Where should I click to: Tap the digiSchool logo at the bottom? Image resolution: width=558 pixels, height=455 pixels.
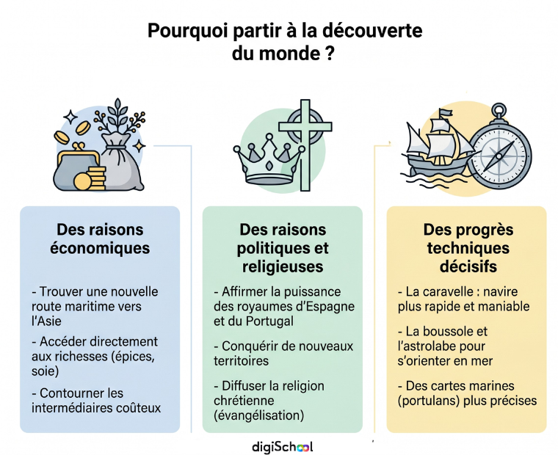282,447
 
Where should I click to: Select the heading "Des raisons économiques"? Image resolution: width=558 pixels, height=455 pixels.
100,239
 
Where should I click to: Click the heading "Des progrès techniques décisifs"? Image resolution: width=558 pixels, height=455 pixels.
468,248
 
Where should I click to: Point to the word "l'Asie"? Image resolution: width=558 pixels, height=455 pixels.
46,321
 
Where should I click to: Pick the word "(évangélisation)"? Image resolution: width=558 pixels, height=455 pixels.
259,415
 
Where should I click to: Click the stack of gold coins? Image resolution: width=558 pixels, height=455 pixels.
94,178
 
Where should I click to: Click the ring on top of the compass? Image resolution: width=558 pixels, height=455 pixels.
499,109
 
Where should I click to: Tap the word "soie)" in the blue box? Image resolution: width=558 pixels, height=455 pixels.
46,371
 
